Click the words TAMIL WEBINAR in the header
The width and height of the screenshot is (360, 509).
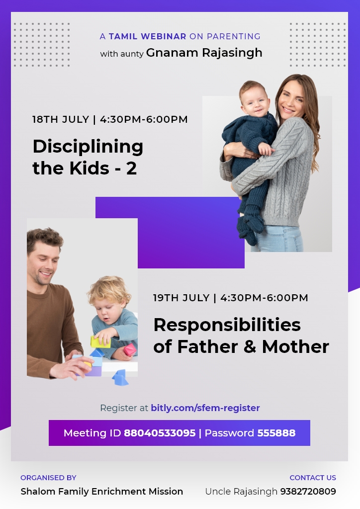(x=147, y=36)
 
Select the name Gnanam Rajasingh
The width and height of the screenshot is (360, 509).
(x=204, y=53)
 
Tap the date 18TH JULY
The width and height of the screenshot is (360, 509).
(x=61, y=119)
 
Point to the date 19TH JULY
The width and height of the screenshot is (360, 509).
(x=181, y=298)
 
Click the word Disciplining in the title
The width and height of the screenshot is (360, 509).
(x=88, y=147)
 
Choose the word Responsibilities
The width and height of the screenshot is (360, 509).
(x=227, y=325)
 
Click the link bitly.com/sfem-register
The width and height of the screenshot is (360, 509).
(x=205, y=408)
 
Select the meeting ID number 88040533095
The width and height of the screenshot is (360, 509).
(x=160, y=433)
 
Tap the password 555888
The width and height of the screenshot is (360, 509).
(x=276, y=433)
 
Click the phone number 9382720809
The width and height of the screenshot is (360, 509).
(x=308, y=492)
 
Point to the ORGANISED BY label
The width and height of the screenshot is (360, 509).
(x=48, y=478)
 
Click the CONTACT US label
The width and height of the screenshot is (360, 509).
(x=313, y=478)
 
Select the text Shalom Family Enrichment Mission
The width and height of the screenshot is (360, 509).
(x=101, y=492)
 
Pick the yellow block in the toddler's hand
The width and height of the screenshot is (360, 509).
(x=100, y=342)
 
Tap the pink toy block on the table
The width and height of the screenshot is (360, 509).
(x=129, y=349)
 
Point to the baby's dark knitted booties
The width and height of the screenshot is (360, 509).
(x=250, y=227)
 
